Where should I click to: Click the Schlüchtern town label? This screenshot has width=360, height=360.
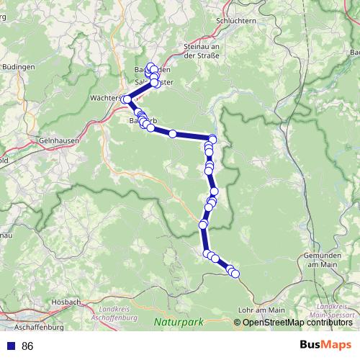(236, 22)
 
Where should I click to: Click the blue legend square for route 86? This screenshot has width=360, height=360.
(10, 346)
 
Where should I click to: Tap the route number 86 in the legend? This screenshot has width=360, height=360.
(27, 346)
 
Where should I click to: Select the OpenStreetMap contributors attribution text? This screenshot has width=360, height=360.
(297, 323)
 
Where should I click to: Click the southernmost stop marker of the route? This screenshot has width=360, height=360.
(235, 274)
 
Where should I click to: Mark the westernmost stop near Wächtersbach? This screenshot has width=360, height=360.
(127, 99)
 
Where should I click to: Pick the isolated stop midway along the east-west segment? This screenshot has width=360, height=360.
(173, 133)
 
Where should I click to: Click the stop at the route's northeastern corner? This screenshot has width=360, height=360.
(212, 138)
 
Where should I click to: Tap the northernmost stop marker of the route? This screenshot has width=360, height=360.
(153, 68)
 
